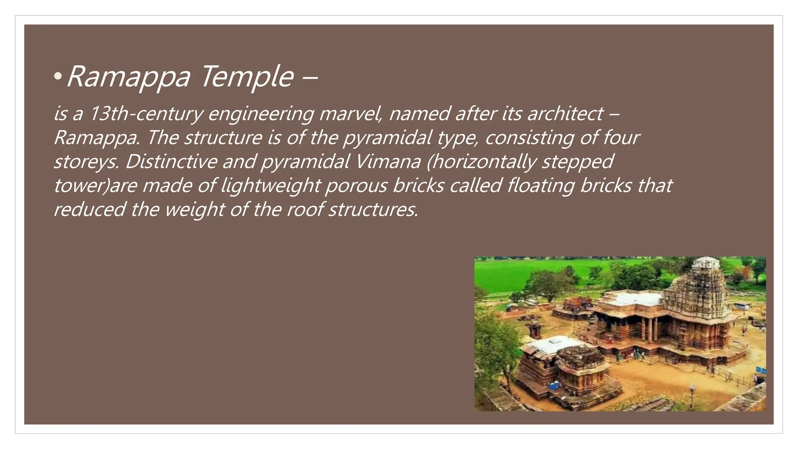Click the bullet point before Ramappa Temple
click(x=58, y=77)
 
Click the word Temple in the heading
click(x=247, y=77)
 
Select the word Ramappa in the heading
click(x=129, y=77)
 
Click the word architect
click(x=566, y=114)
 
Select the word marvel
click(x=351, y=114)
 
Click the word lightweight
click(x=271, y=186)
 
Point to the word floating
click(x=541, y=186)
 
